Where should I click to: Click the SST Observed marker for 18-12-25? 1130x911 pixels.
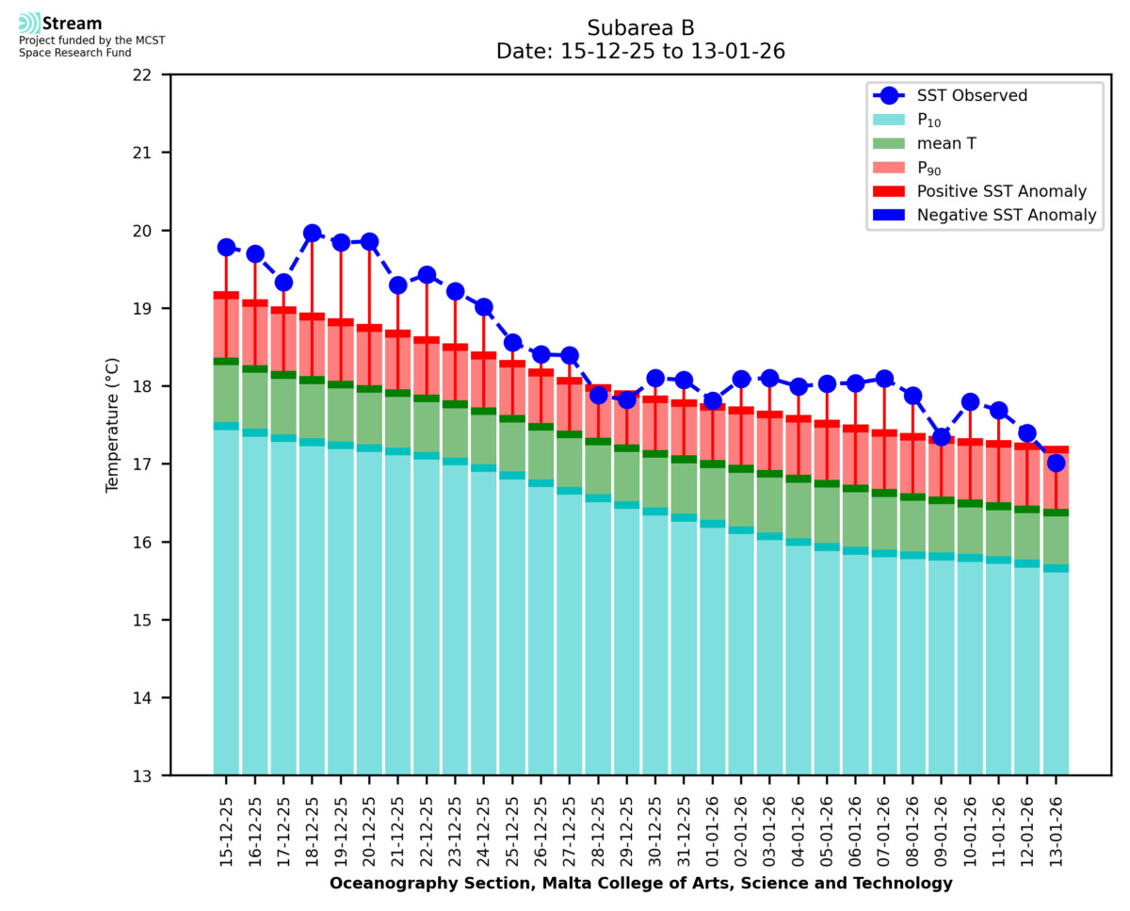pyautogui.click(x=312, y=233)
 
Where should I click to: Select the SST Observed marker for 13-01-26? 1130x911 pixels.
pyautogui.click(x=1056, y=463)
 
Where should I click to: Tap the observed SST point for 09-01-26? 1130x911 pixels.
pyautogui.click(x=941, y=436)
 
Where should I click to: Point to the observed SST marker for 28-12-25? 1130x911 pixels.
pyautogui.click(x=598, y=395)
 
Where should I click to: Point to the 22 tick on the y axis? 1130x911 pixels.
pyautogui.click(x=150, y=74)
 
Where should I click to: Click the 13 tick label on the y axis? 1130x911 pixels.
pyautogui.click(x=150, y=776)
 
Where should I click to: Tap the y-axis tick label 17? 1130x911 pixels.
pyautogui.click(x=150, y=464)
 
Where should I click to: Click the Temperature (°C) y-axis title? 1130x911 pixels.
pyautogui.click(x=113, y=425)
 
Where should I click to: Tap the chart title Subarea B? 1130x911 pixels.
pyautogui.click(x=640, y=27)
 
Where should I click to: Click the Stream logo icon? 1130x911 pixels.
pyautogui.click(x=29, y=24)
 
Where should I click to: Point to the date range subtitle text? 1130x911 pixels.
pyautogui.click(x=640, y=52)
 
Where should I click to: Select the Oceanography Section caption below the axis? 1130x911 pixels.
pyautogui.click(x=640, y=884)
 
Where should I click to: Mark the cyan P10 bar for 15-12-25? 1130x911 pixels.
pyautogui.click(x=226, y=603)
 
